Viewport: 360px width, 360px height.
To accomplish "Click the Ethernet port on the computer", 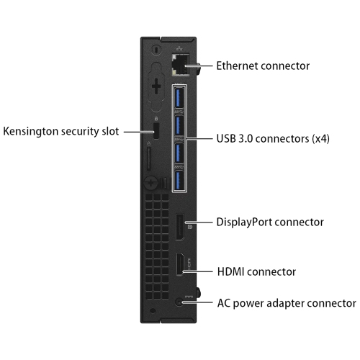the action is coord(181,65).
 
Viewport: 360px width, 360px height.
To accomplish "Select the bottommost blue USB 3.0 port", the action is coord(179,181).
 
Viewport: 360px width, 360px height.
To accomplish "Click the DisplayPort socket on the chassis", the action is coord(180,227).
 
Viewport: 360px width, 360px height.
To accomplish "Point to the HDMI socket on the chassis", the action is coord(180,264).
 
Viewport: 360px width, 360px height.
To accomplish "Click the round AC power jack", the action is coord(179,302).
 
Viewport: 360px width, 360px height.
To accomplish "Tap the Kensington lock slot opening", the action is coord(156,131).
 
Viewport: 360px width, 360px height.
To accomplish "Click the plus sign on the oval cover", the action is coord(156,86).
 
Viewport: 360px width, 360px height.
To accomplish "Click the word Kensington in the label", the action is coord(30,132).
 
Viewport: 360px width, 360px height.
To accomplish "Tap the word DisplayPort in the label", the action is coord(244,222).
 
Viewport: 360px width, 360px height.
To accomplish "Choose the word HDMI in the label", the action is coord(230,272).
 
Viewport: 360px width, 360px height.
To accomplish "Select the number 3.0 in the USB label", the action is coord(246,139).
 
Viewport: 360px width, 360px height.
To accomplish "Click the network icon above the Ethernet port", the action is coord(179,48).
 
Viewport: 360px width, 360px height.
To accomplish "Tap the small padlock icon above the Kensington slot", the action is coord(156,119).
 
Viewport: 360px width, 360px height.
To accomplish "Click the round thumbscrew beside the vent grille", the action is coord(151,183).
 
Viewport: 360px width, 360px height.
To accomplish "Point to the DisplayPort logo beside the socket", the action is coord(189,226).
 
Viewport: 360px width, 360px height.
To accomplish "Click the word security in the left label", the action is coord(80,132).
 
